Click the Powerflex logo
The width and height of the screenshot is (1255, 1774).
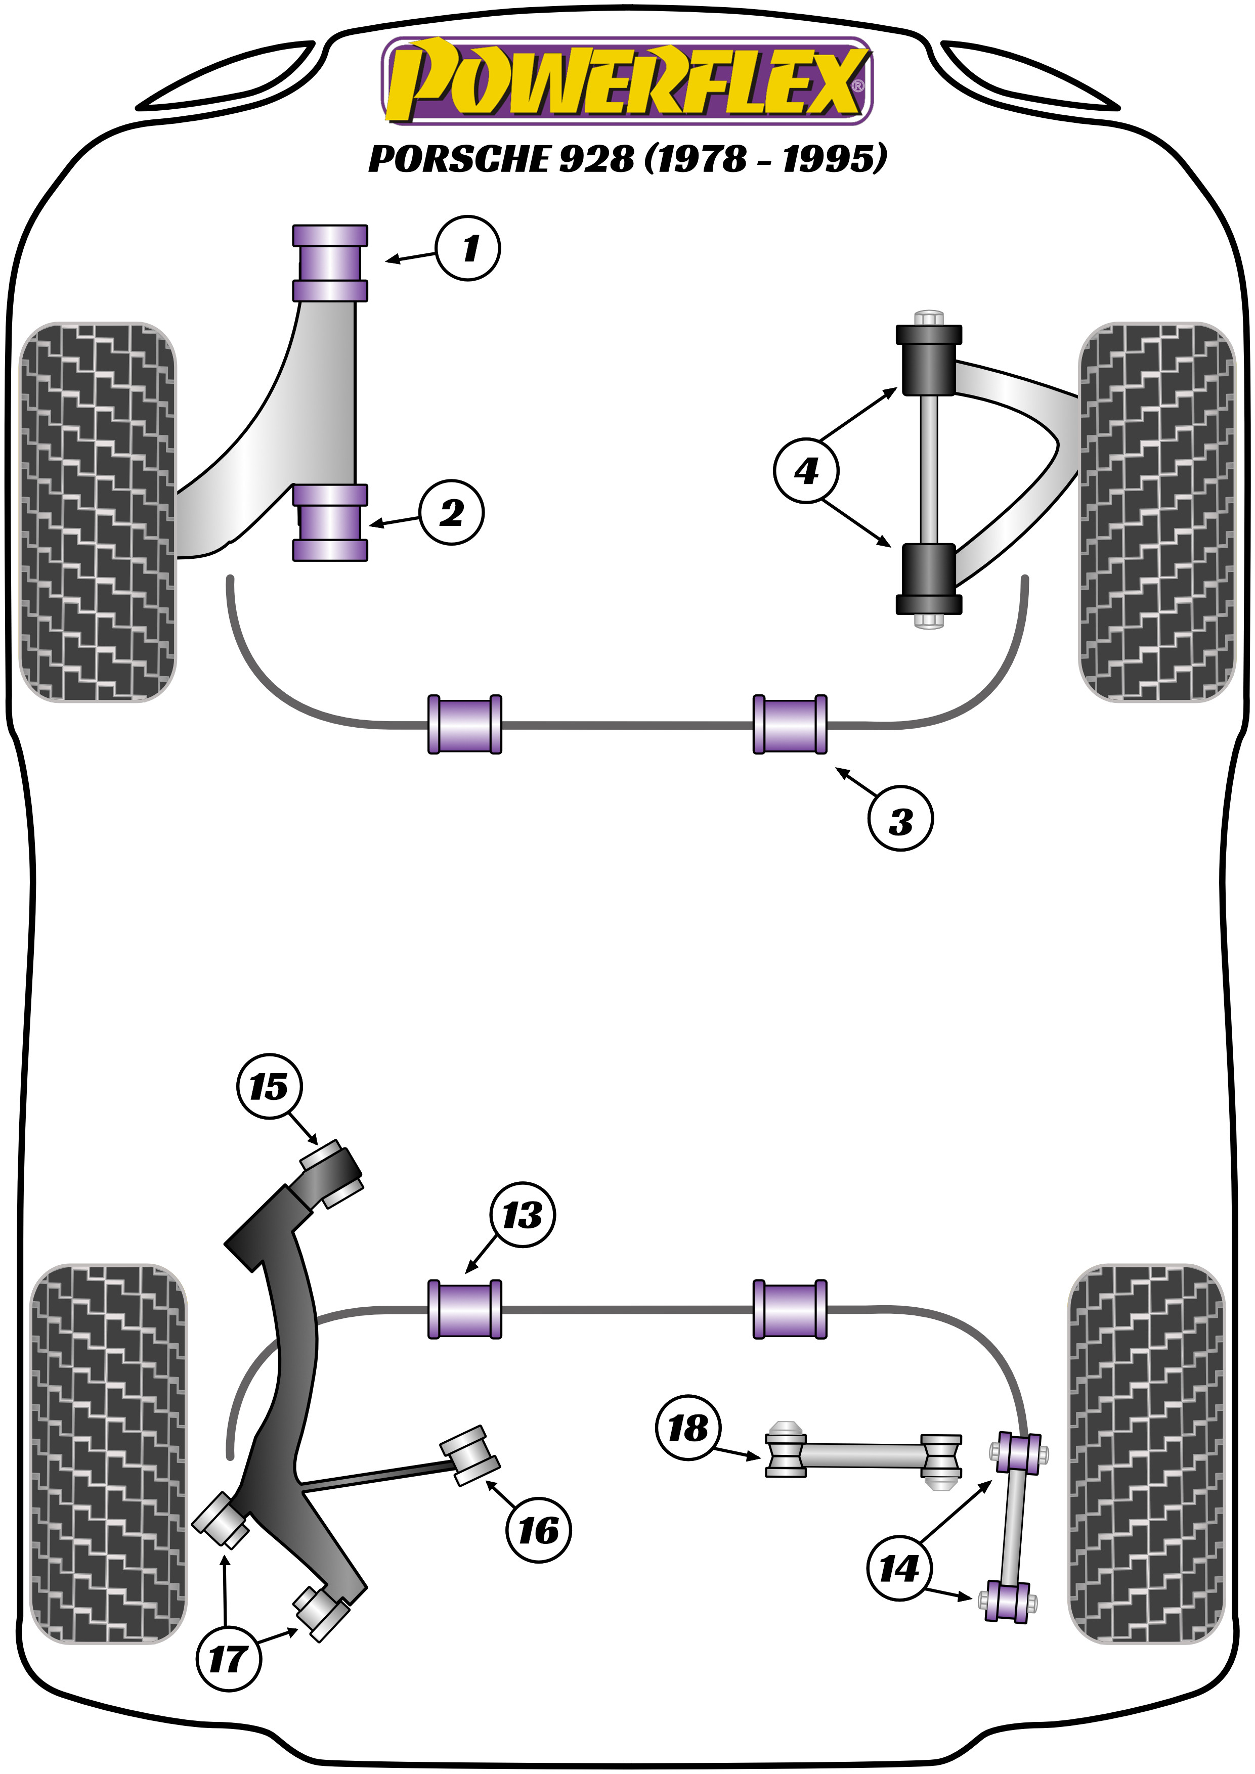tap(627, 81)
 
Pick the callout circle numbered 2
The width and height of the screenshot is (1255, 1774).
tap(452, 513)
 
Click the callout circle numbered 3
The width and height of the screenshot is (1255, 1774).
tap(900, 819)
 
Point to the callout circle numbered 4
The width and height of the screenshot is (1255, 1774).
tap(806, 470)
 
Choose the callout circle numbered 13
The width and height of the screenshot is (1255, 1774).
tap(523, 1215)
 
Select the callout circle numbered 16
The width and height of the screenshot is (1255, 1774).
tap(539, 1530)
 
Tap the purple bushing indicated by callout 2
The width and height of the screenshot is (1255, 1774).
tap(330, 522)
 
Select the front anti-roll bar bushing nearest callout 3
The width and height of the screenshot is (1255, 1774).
tap(790, 724)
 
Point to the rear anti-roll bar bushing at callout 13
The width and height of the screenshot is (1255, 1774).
tap(464, 1309)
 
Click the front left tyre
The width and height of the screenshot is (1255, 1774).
tap(97, 511)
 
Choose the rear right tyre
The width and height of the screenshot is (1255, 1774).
tap(1146, 1452)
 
